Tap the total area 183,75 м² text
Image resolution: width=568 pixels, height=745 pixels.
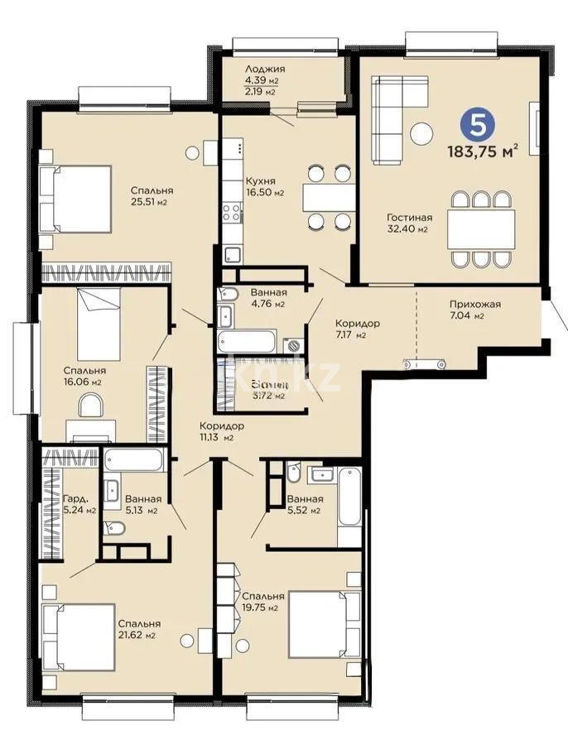pos(484,151)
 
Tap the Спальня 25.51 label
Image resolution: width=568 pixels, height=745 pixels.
pos(152,195)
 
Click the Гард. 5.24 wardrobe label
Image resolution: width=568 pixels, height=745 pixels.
pos(79,504)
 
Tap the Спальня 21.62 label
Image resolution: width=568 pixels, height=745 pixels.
pos(138,629)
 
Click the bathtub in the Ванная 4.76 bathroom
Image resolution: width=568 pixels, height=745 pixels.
pos(246,341)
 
